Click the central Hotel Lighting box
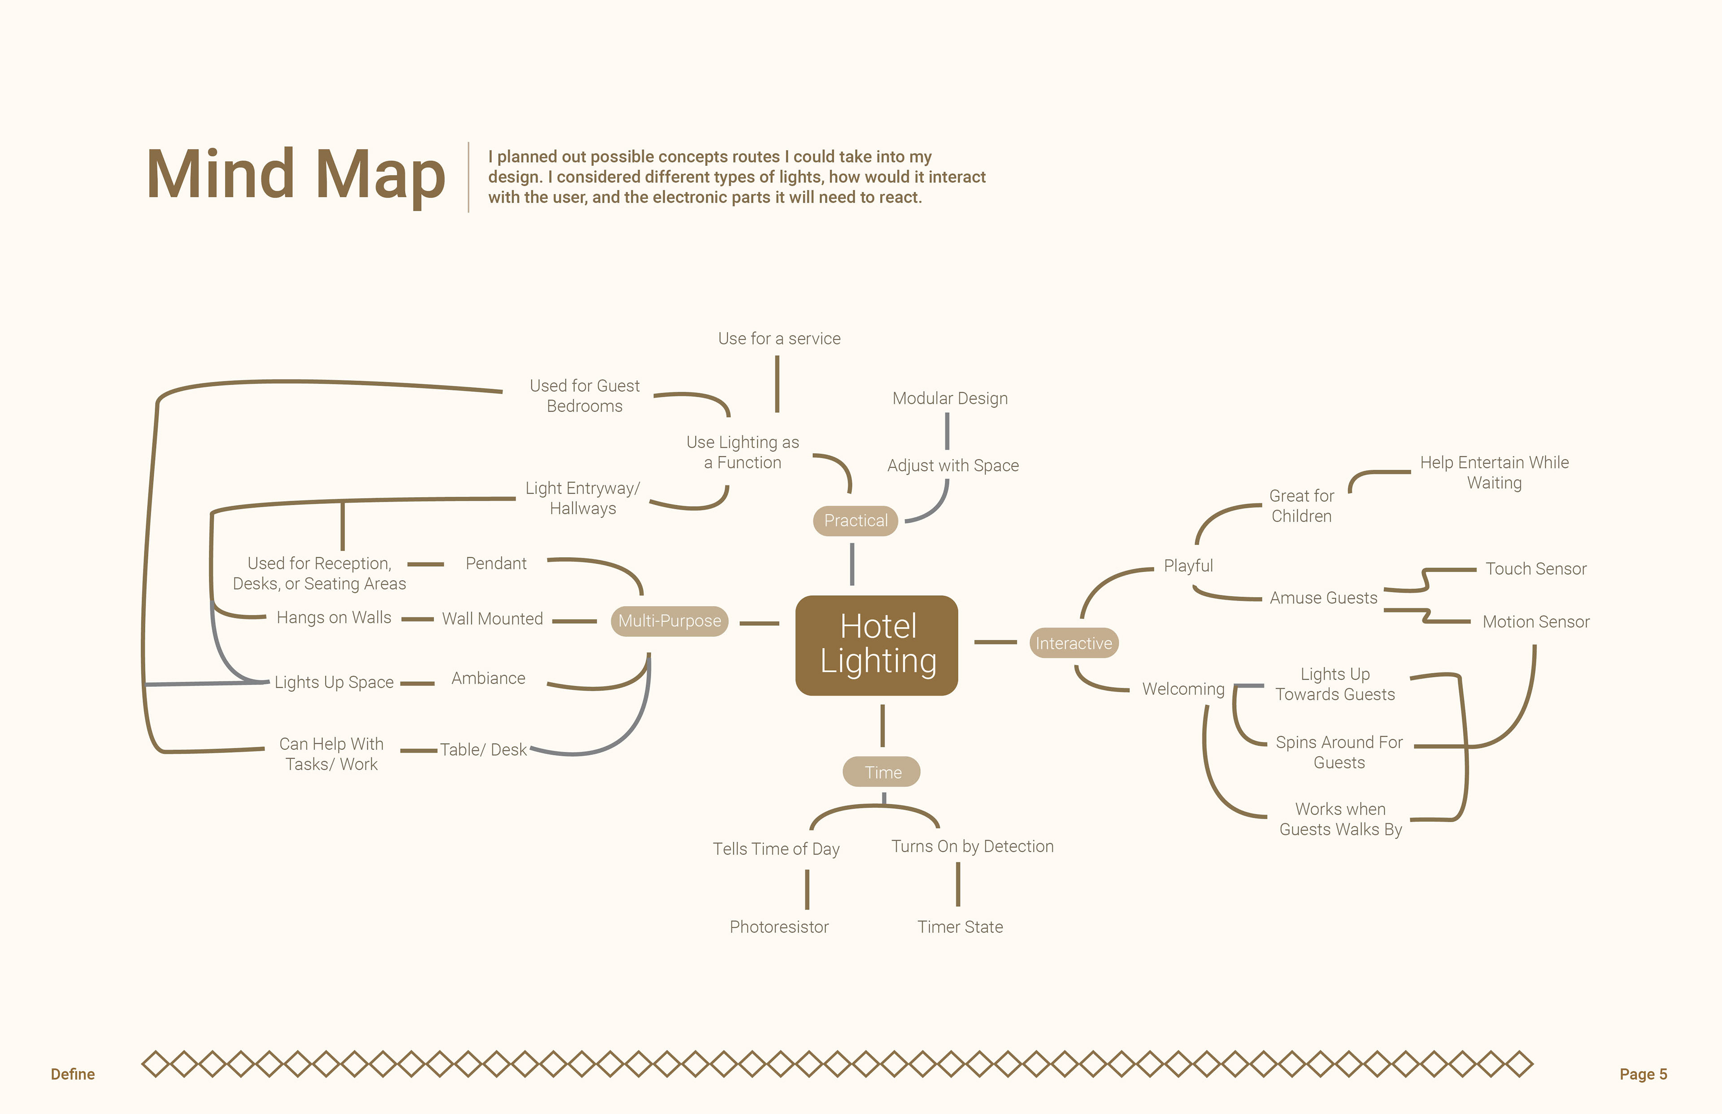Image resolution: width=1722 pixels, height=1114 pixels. point(876,645)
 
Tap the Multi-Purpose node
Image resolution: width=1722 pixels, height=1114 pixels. point(669,620)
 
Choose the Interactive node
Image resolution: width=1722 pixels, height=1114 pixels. point(1073,643)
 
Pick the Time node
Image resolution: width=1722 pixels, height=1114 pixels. point(882,772)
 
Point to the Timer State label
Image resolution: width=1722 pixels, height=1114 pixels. point(960,927)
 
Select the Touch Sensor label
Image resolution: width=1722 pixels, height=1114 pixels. point(1535,568)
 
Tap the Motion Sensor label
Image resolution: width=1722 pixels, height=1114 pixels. point(1535,621)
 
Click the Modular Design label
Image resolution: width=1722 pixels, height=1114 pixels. point(949,398)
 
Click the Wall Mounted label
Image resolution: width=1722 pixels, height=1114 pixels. point(492,619)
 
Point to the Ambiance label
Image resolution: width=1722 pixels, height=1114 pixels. point(488,678)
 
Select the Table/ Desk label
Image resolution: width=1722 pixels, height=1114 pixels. point(483,750)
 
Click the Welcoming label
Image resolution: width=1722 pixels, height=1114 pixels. point(1183,689)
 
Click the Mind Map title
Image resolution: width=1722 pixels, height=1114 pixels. point(295,174)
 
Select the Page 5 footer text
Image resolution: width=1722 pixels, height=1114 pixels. point(1643,1074)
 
